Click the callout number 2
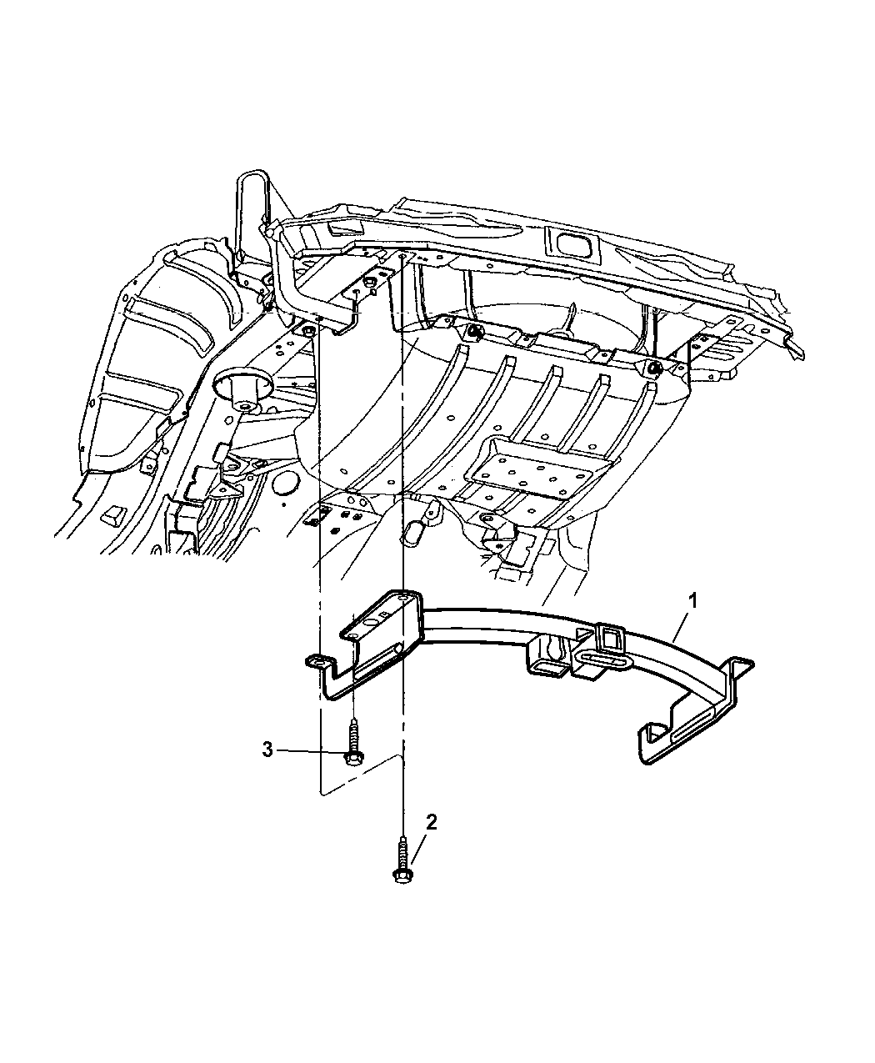point(431,823)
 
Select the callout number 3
point(267,750)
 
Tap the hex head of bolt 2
point(401,874)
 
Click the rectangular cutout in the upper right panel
point(572,244)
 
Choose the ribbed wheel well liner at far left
point(150,367)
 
